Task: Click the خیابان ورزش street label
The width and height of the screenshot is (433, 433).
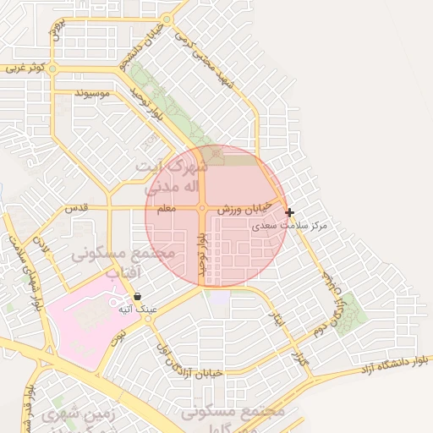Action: click(245, 208)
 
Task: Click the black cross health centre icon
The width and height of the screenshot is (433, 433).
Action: click(289, 213)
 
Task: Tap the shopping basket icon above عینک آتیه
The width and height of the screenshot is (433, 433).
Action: click(138, 297)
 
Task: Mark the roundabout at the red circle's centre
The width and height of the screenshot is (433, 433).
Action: click(202, 208)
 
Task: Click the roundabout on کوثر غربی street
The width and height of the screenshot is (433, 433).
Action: click(52, 68)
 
